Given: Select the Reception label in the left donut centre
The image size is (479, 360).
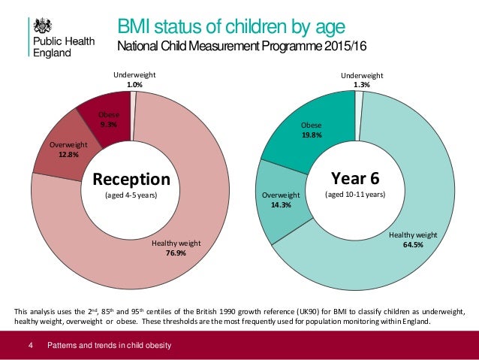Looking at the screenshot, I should [x=131, y=180].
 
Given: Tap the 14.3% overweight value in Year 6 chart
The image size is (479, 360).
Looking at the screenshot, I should [x=281, y=204].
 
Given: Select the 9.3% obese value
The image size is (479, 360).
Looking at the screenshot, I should [x=107, y=124].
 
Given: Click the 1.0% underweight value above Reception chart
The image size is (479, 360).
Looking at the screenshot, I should [x=135, y=85].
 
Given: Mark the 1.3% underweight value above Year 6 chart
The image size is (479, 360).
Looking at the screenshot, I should [x=362, y=85].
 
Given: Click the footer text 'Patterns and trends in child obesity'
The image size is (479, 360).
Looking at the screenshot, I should [x=110, y=345].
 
